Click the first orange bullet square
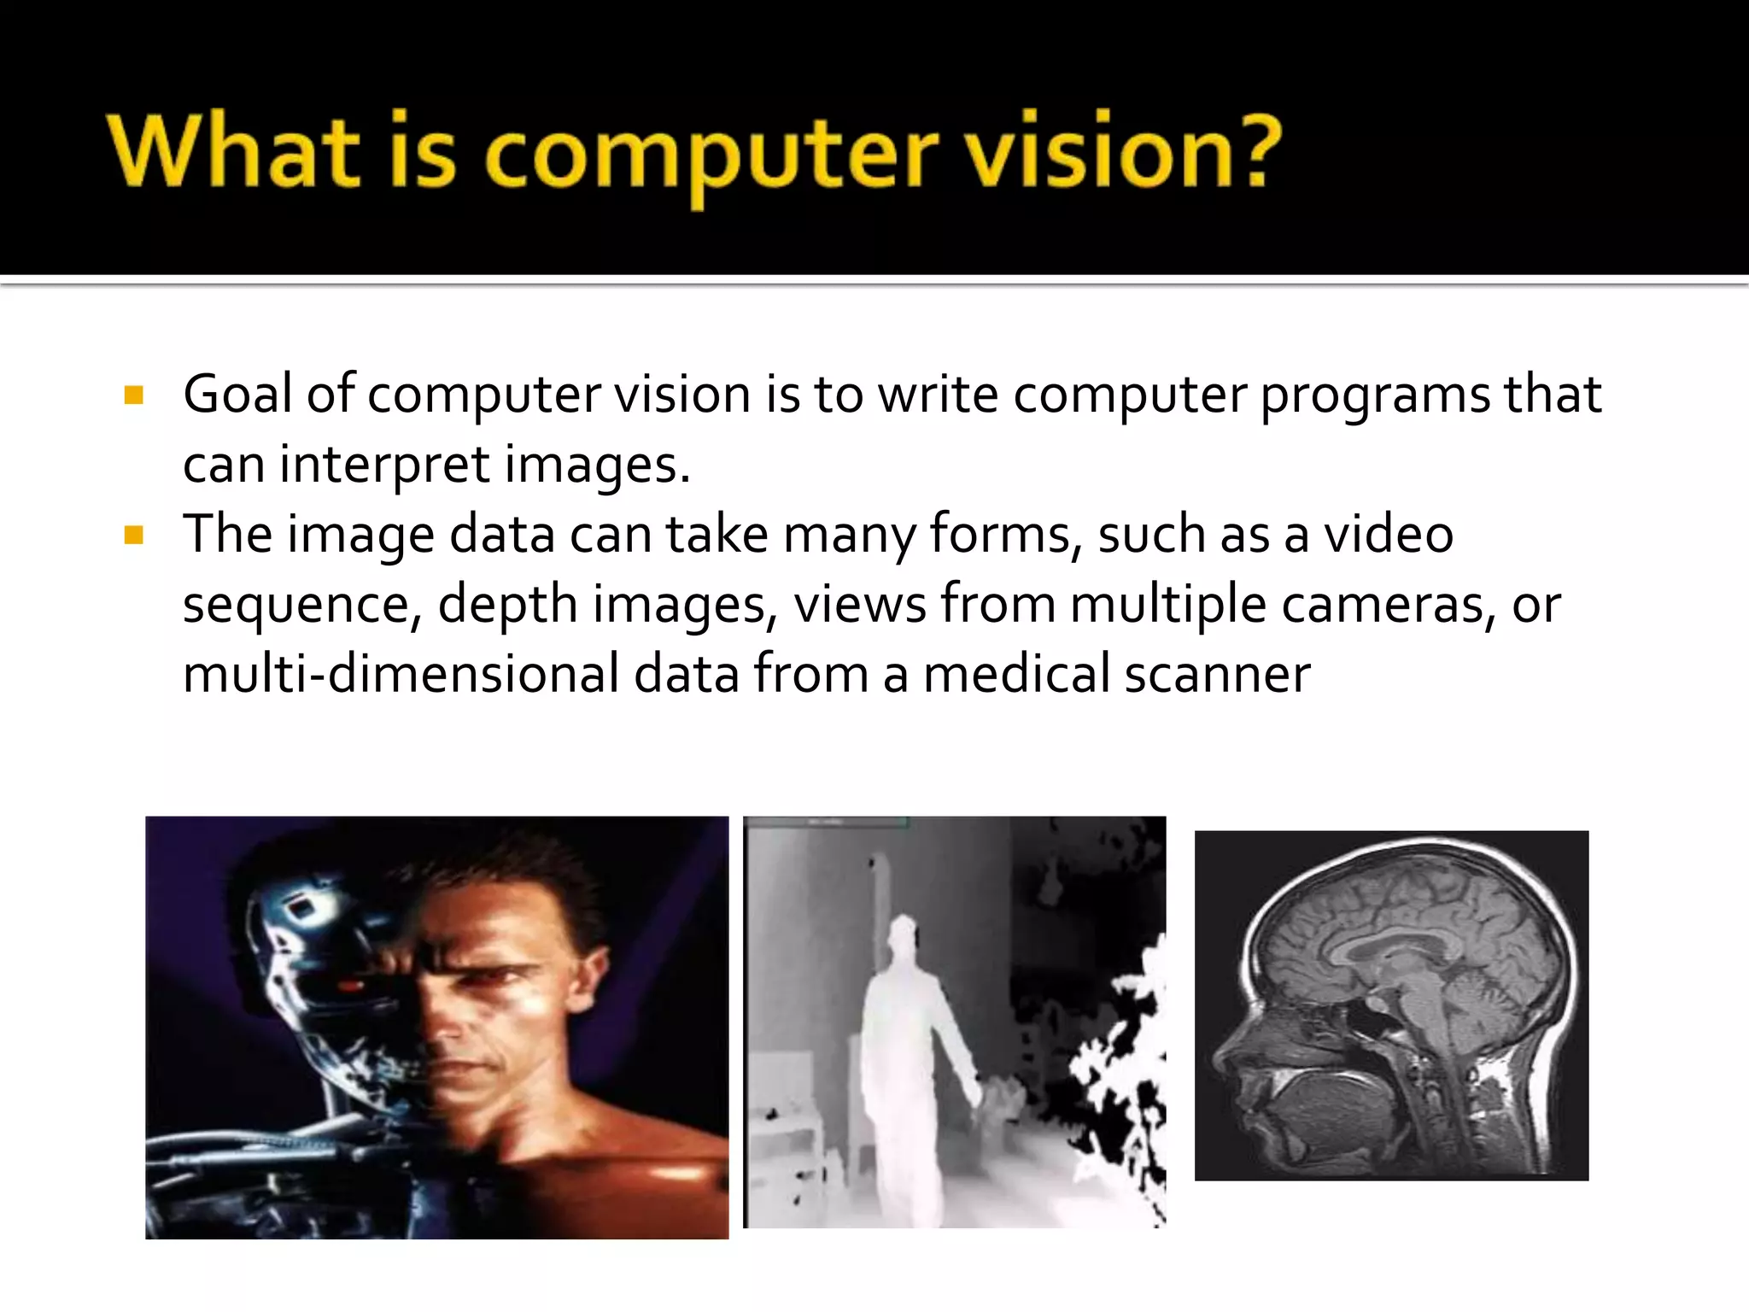point(133,395)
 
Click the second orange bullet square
point(133,536)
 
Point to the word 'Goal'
point(237,395)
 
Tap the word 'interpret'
point(384,466)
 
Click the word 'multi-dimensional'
point(401,675)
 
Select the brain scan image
point(1391,1005)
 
